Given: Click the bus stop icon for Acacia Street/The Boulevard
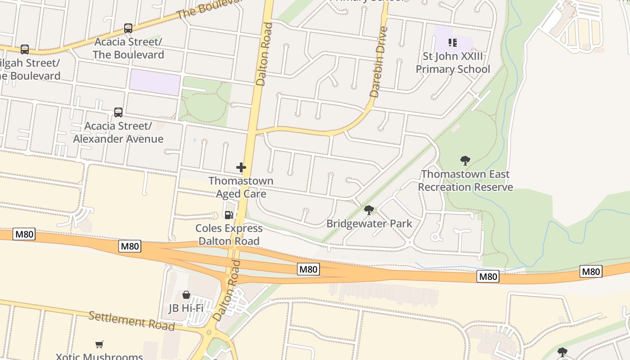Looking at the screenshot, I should point(128,28).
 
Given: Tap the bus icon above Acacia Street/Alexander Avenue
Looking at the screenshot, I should point(118,112).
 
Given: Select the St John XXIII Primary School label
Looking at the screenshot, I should point(453,63).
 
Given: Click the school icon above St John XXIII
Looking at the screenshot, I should point(453,43).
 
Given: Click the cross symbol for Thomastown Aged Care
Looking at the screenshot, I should point(241,168).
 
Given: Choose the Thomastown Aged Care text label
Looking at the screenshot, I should point(241,187).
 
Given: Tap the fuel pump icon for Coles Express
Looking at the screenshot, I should point(229,215).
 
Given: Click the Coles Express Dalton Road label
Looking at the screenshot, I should point(229,234).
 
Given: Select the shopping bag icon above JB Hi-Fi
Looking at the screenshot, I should point(186,295).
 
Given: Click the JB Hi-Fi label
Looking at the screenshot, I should point(186,308).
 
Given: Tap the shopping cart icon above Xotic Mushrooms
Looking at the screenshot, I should point(99,344).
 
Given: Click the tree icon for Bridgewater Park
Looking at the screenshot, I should point(369,210).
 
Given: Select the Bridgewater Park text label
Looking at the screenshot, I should point(369,223).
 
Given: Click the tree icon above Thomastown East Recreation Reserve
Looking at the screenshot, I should point(465,161).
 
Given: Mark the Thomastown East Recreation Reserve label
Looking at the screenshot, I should point(465,180).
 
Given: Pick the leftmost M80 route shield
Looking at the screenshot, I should point(24,234).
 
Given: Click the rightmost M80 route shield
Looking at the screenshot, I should point(591,271).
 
